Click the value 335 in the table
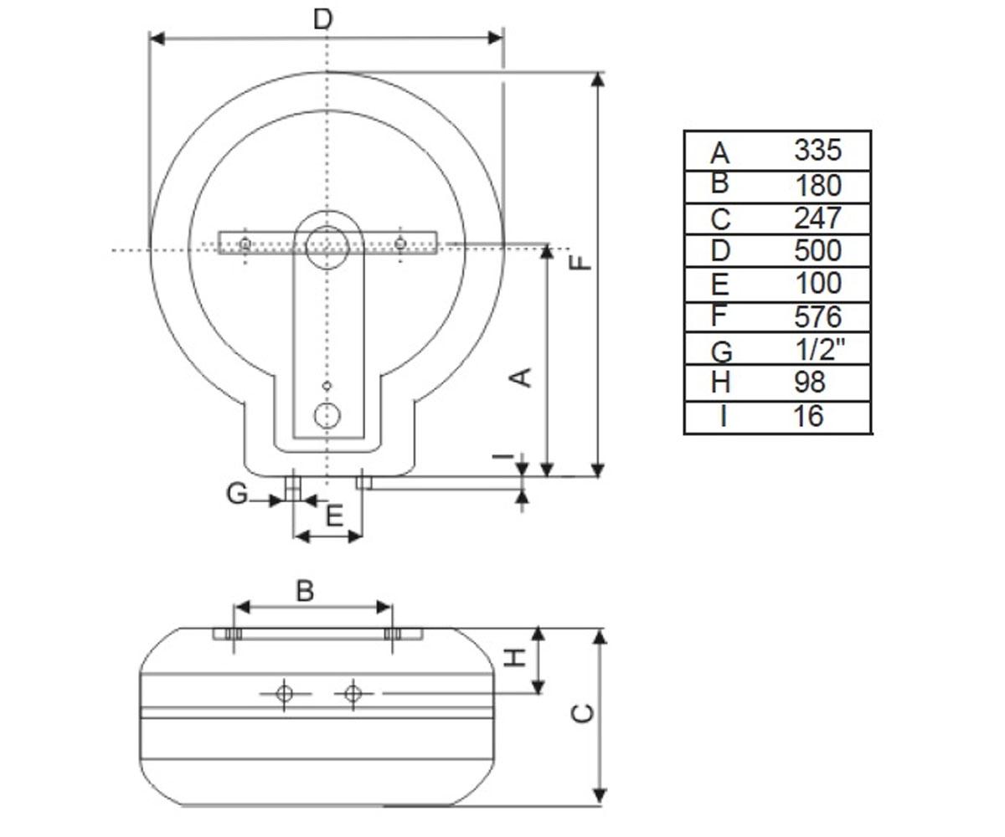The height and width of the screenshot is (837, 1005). tap(817, 150)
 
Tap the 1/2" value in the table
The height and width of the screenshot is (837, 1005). tap(820, 349)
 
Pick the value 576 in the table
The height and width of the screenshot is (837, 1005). tap(817, 316)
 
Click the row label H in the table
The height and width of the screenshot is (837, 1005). tap(720, 383)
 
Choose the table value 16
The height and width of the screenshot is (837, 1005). tap(809, 416)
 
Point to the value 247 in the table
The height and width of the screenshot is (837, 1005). tap(817, 218)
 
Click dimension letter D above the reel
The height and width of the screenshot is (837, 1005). tap(322, 20)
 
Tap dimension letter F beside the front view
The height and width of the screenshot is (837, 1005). tap(580, 263)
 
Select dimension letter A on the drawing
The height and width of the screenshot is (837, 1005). tap(521, 377)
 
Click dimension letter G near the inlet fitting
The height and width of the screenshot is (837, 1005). tap(237, 494)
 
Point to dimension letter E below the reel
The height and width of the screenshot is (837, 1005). tap(334, 516)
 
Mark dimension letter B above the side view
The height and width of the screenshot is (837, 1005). tap(305, 591)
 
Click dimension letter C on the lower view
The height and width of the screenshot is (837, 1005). tap(582, 713)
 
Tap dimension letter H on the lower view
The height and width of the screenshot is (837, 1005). tap(514, 658)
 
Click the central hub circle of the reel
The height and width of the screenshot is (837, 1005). tap(327, 247)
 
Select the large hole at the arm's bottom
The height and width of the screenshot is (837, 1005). tap(327, 416)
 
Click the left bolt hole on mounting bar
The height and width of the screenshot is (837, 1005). tap(245, 244)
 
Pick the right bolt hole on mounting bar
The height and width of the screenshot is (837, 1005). tap(400, 244)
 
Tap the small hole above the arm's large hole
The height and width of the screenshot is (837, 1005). tap(327, 385)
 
